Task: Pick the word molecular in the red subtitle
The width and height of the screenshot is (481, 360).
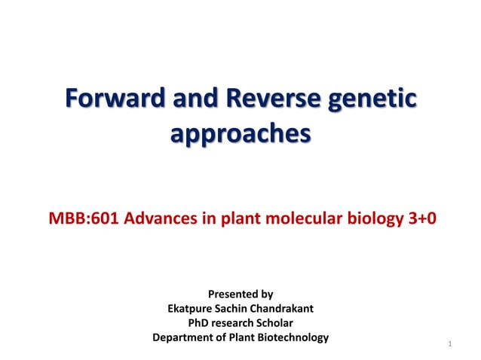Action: coord(296,219)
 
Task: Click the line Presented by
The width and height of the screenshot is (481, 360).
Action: coord(240,294)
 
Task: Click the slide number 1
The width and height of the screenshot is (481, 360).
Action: coord(449,345)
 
